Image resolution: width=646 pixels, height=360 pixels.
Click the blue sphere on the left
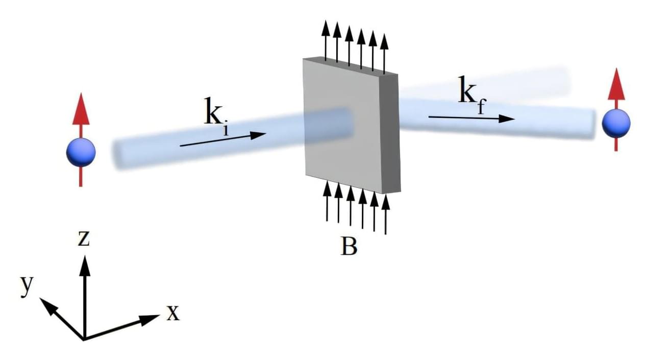click(x=81, y=152)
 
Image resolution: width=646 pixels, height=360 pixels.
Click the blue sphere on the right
click(x=616, y=124)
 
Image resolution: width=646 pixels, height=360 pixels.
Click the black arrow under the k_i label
click(x=223, y=139)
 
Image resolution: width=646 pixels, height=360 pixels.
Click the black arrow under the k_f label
click(x=470, y=118)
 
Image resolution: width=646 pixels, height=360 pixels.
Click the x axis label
click(x=173, y=313)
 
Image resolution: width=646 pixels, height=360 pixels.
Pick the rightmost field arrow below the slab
click(x=385, y=214)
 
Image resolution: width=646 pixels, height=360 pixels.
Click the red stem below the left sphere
click(x=81, y=176)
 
